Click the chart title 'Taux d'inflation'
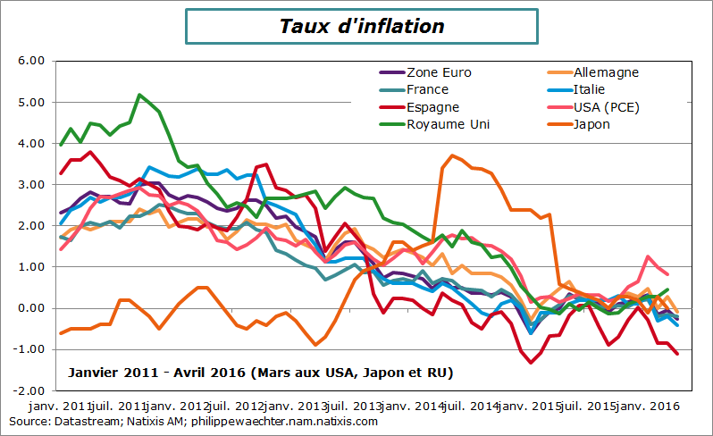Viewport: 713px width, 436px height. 362,27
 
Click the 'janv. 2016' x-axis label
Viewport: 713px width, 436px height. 647,407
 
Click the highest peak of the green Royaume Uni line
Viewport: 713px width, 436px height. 139,95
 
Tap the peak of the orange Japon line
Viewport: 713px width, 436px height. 453,155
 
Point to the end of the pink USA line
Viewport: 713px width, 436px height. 667,274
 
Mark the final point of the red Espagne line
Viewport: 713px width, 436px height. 677,354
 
